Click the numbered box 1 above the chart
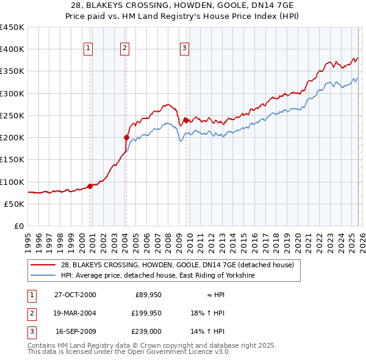coord(88,48)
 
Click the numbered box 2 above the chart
coord(124,48)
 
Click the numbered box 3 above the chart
coord(184,48)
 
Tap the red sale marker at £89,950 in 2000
coord(90,186)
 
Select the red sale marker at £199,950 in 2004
coord(126,138)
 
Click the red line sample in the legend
coord(43,265)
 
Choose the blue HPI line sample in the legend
coord(43,276)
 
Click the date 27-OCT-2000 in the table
coord(75,295)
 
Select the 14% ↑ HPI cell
coord(208,331)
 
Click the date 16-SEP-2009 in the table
coord(75,331)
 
